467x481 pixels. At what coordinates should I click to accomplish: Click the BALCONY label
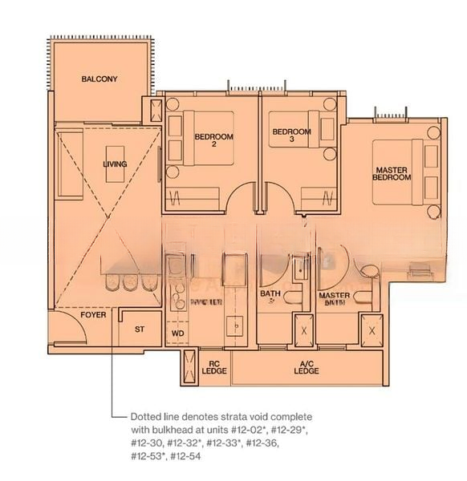99,79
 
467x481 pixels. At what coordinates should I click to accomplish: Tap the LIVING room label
115,164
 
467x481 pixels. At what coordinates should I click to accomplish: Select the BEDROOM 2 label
214,140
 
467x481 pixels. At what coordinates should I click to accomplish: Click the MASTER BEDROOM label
394,173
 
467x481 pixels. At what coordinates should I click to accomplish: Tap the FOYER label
93,315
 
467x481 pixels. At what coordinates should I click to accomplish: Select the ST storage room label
139,329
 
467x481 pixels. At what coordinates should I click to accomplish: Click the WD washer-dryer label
178,333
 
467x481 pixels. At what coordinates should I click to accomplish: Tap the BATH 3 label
270,297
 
